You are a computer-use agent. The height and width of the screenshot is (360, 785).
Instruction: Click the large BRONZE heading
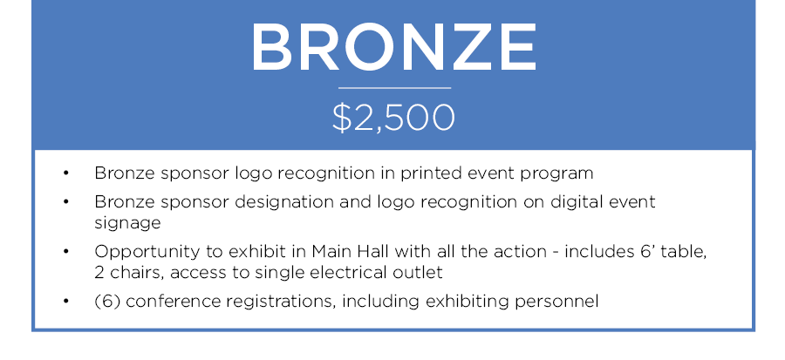point(393,48)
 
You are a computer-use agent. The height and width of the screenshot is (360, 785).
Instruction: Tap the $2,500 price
point(393,118)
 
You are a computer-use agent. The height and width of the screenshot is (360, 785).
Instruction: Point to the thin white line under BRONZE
point(394,88)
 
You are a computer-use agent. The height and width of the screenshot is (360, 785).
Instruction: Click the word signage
point(127,223)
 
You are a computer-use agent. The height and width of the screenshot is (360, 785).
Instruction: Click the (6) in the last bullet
point(107,302)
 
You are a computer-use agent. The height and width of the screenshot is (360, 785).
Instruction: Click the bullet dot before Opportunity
point(66,252)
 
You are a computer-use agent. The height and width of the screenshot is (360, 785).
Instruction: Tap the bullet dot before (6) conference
point(66,302)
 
